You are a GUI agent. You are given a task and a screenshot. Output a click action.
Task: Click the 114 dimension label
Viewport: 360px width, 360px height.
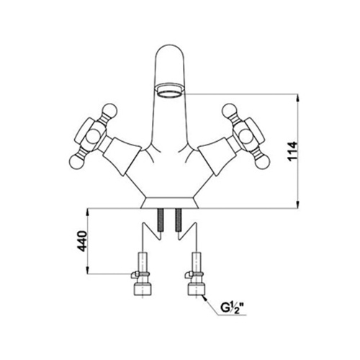click(x=293, y=151)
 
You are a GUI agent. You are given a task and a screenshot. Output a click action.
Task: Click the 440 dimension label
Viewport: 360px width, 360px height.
click(x=82, y=241)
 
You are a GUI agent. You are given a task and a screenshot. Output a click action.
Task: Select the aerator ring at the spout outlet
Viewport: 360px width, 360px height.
click(x=170, y=89)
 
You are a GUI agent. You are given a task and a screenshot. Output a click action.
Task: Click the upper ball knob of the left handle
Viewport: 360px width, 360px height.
click(x=110, y=111)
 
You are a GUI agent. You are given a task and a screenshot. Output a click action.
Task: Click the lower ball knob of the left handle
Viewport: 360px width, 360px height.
click(x=76, y=161)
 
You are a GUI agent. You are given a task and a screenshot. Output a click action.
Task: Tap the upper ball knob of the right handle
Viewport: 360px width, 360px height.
click(x=230, y=111)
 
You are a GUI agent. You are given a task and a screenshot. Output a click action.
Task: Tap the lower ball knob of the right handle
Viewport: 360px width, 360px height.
click(x=264, y=161)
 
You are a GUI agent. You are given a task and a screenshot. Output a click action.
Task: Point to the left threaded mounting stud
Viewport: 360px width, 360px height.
click(x=161, y=220)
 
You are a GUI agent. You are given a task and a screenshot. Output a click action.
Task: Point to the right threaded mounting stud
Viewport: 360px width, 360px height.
click(x=179, y=220)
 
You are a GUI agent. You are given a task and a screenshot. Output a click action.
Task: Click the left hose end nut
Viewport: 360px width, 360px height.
click(x=140, y=290)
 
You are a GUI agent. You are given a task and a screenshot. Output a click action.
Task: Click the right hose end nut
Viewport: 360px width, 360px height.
click(x=197, y=290)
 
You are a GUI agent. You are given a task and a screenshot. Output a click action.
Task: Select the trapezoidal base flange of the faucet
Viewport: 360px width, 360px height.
click(x=170, y=203)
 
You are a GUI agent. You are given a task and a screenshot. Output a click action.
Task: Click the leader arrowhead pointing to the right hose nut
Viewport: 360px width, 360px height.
click(x=204, y=298)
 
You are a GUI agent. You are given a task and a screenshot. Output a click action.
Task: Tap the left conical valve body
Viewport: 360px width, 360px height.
click(x=121, y=156)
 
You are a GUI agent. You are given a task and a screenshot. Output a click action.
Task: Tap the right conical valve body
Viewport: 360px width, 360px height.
click(x=219, y=156)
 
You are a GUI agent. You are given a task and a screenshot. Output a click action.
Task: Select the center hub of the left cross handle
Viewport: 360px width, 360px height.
click(x=93, y=136)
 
